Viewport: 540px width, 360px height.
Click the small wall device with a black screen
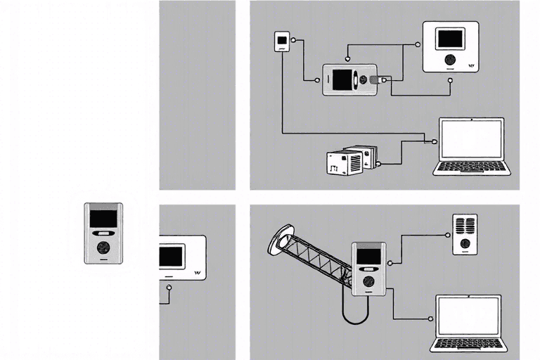(281, 41)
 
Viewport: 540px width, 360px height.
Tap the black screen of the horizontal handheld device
(342, 79)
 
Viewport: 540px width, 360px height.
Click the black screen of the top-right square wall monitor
(450, 39)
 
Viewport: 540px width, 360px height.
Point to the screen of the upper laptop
(471, 140)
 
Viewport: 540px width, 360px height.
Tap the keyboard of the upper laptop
(471, 167)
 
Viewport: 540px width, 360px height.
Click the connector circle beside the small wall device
(295, 41)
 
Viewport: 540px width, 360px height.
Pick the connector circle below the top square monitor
(450, 79)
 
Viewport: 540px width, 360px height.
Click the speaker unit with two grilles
(463, 233)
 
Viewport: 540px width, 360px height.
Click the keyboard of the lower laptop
(469, 344)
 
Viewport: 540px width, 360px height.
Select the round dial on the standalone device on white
(103, 248)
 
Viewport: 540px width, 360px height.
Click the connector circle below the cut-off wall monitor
(169, 288)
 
